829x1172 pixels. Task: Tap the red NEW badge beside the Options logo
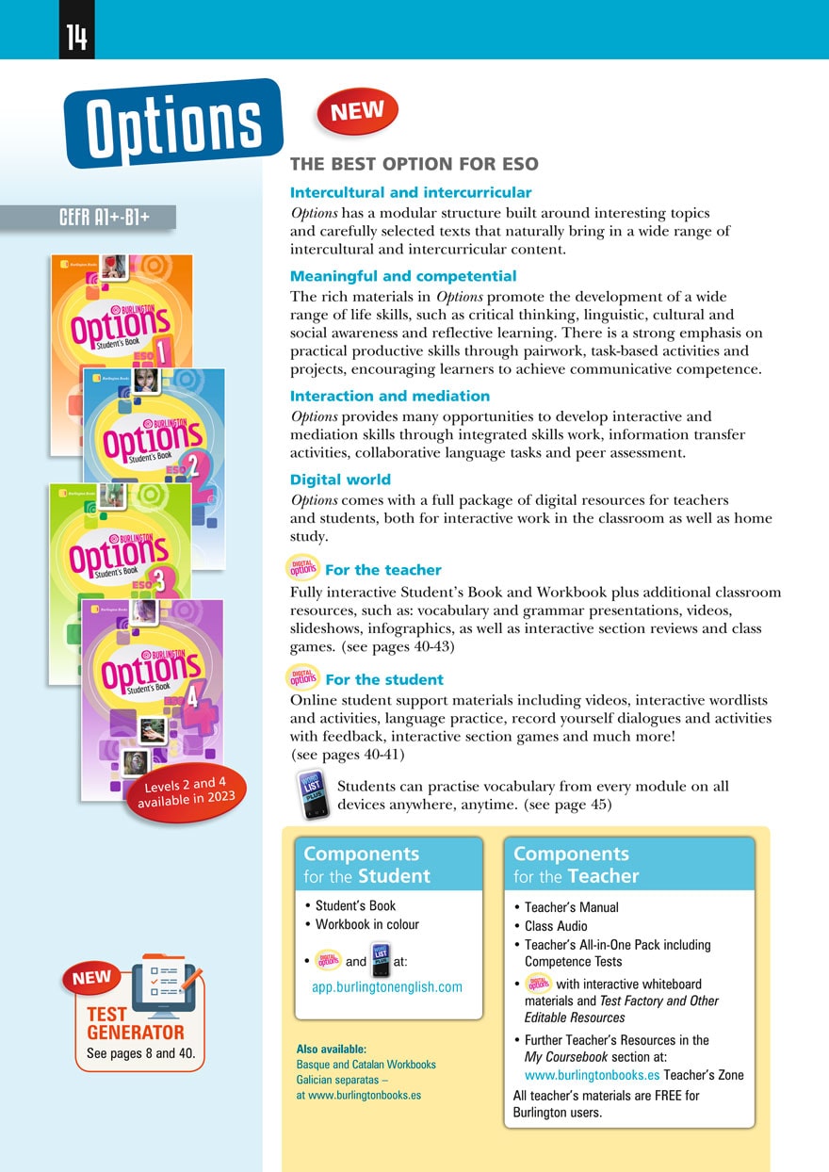pos(358,112)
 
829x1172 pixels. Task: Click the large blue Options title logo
pos(173,125)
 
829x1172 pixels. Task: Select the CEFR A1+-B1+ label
pos(104,218)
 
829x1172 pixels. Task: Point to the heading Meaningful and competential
pos(403,276)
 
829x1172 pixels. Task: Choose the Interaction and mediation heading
pos(390,396)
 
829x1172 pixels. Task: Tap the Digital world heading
pos(340,479)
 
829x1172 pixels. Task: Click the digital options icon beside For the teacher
pos(303,570)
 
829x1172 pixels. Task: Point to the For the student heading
pos(383,679)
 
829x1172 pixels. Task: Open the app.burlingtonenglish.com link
pos(387,987)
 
